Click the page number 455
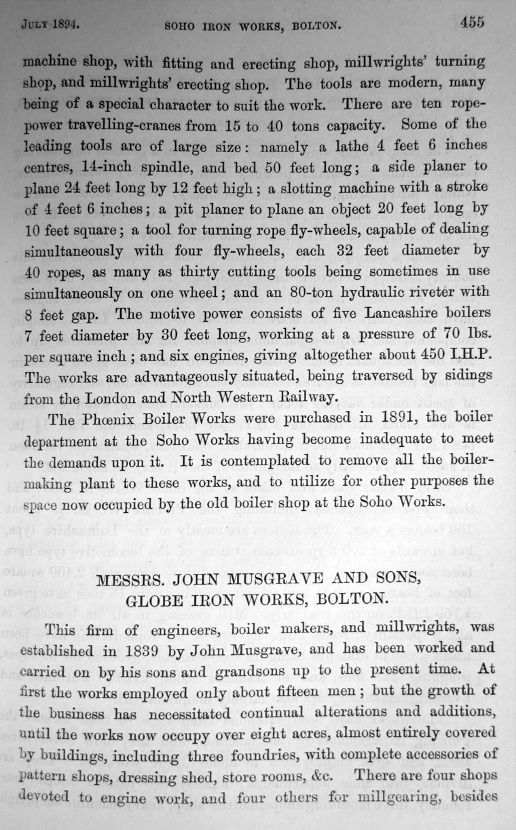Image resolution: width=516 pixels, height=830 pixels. click(472, 22)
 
